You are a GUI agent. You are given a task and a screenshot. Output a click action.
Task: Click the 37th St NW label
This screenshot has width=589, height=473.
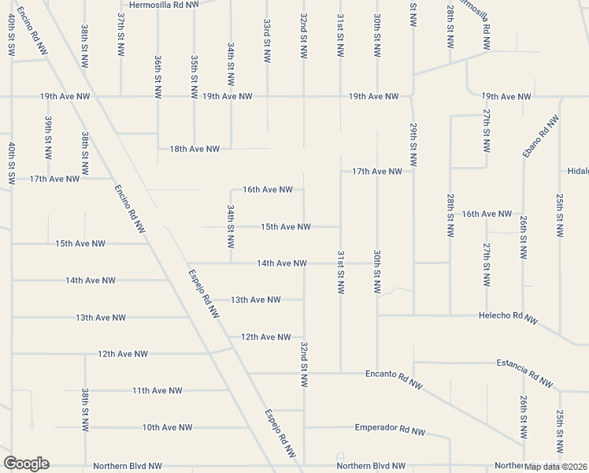coord(120,33)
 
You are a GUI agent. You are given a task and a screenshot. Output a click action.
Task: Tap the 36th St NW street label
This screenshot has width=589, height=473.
coord(157,76)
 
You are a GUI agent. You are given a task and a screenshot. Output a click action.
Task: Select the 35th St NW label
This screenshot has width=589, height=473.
coord(194,76)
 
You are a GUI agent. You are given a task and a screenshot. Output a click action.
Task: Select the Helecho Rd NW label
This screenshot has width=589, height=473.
coord(508,317)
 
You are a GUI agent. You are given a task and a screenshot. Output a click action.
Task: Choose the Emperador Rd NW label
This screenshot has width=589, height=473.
coord(390,430)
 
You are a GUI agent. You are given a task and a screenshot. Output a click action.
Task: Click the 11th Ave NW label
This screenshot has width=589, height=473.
coord(157,390)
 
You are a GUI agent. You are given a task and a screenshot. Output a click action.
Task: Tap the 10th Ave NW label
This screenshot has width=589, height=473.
coord(167,427)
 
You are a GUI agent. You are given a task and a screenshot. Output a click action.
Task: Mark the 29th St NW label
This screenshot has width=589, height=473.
coord(413,143)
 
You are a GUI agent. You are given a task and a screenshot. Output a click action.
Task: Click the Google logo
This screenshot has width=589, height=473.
coord(26,464)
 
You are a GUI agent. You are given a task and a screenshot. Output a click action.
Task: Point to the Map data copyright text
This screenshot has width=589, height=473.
coord(555,466)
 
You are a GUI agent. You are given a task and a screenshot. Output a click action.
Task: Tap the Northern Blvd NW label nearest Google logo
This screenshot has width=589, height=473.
coord(127,466)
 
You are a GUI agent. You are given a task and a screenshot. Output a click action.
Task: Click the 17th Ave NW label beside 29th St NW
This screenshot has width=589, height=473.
coord(377,171)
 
